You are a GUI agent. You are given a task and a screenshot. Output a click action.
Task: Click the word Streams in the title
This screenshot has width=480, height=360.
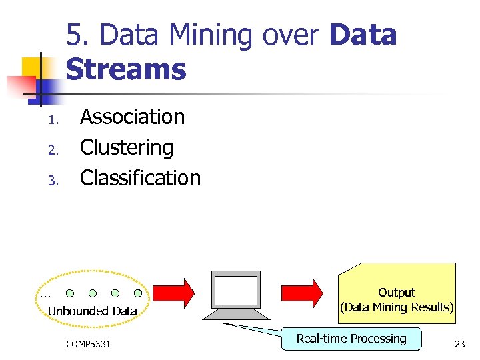[126, 69]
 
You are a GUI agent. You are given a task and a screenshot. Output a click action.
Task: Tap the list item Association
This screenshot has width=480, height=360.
[132, 117]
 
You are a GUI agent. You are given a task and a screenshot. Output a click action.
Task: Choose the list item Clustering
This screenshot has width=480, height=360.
[127, 147]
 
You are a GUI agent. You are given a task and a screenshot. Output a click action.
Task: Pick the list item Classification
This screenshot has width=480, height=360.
[140, 178]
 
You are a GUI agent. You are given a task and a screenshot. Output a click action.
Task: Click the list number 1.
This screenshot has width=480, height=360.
[55, 121]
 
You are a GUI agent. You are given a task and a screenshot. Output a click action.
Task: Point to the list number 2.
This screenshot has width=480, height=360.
[55, 151]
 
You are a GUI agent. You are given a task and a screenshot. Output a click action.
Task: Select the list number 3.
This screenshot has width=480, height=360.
[55, 181]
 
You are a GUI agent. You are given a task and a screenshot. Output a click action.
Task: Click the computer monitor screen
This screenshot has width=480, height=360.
[235, 291]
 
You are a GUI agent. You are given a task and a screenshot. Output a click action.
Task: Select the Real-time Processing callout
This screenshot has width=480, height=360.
[351, 339]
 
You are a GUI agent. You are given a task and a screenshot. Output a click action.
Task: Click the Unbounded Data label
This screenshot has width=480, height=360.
[92, 311]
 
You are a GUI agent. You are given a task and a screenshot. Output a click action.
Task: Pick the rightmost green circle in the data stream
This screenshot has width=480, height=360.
[138, 293]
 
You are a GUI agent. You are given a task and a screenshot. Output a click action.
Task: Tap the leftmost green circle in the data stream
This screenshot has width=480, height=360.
[70, 293]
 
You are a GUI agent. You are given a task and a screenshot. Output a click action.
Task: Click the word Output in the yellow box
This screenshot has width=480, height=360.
[396, 293]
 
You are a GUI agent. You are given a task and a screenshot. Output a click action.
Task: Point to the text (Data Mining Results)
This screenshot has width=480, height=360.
[397, 307]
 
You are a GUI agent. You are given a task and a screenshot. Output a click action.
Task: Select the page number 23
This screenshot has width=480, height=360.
[459, 344]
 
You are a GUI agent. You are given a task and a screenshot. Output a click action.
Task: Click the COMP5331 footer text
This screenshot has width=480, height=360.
[89, 344]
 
